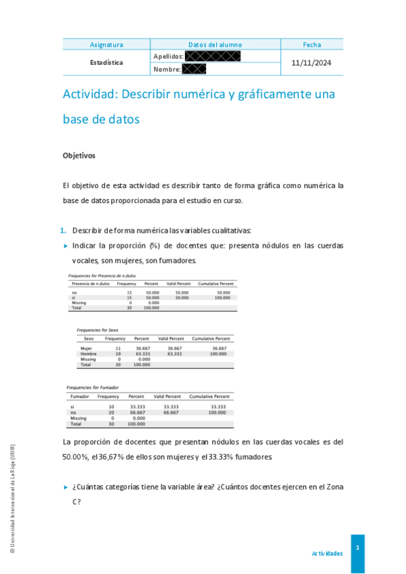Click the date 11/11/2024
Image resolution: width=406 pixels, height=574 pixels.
pos(312,62)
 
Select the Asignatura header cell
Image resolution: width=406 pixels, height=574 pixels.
pos(106,45)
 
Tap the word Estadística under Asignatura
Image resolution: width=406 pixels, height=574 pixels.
pos(106,62)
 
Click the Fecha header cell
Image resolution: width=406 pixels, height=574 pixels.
pos(312,45)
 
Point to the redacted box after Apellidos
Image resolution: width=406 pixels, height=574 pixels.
pos(212,56)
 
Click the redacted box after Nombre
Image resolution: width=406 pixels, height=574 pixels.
pos(194,68)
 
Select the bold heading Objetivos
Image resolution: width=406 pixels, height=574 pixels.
pos(79,156)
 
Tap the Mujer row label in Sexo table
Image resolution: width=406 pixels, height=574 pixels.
pos(86,348)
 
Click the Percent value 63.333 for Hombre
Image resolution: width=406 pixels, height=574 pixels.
pos(142,353)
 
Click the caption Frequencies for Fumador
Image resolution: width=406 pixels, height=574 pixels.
pos(93,387)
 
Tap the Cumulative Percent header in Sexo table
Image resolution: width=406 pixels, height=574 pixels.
pos(211,338)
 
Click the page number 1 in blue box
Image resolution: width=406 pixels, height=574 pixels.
pos(357,547)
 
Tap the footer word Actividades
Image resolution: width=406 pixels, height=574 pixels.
pos(327,553)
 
